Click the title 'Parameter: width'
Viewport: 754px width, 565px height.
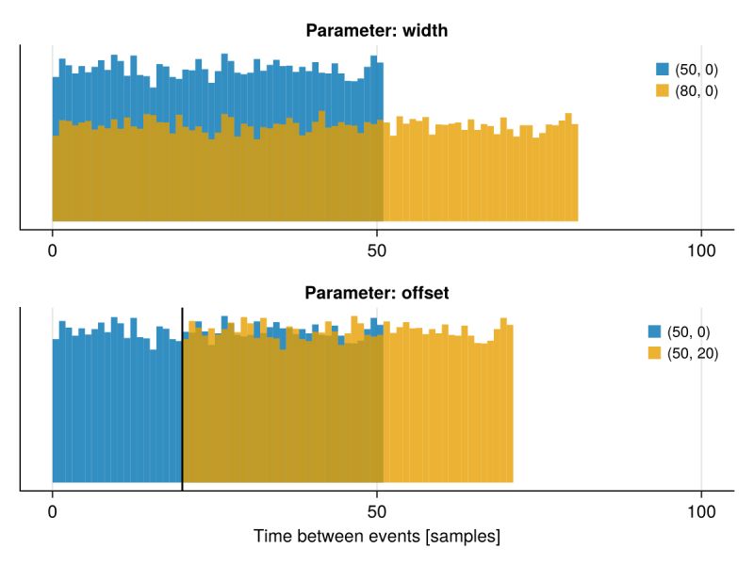pos(376,30)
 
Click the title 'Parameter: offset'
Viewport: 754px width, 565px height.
pos(376,292)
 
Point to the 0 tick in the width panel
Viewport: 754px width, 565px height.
pos(52,252)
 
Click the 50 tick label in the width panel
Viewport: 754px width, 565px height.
pos(377,252)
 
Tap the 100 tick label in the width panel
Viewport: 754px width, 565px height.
pos(701,252)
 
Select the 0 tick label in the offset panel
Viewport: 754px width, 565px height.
pos(52,514)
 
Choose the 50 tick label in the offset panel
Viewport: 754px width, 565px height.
pos(377,514)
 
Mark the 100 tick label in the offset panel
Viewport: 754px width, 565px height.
pos(701,514)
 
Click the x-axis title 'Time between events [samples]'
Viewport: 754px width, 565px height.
pos(376,538)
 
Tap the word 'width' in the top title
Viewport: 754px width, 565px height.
pos(425,30)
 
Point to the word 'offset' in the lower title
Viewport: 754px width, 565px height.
pos(424,292)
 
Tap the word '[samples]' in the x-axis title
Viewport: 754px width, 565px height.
pos(465,538)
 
